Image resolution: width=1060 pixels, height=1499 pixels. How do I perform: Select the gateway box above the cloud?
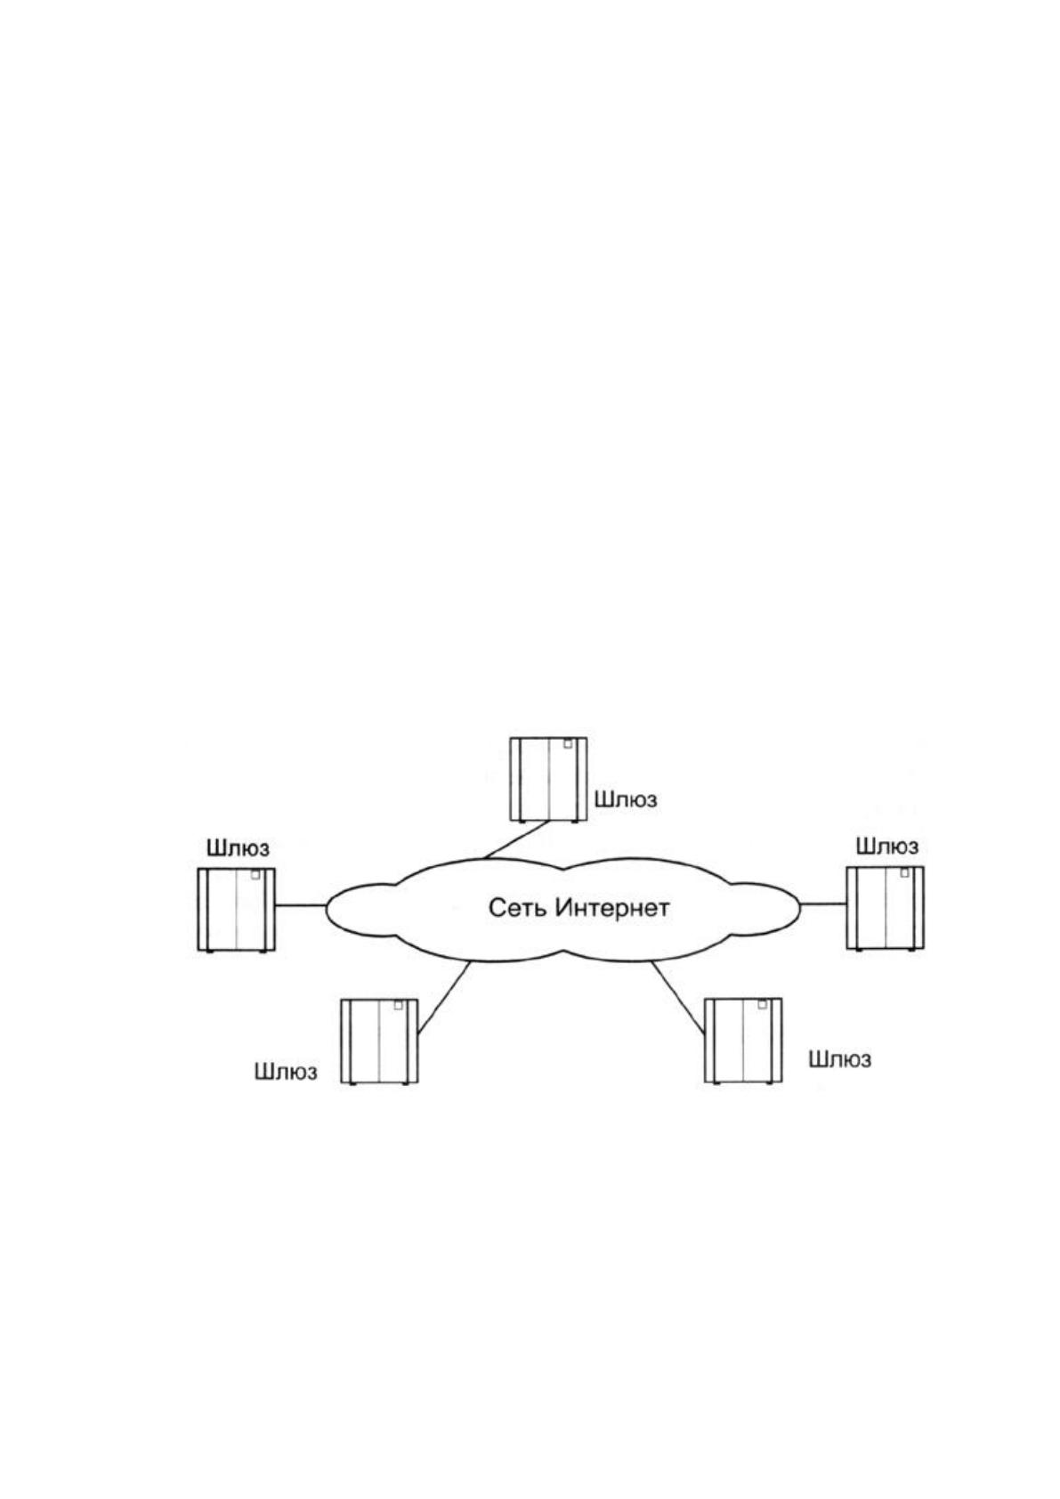point(548,780)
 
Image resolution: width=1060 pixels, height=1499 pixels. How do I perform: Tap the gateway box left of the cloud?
point(236,910)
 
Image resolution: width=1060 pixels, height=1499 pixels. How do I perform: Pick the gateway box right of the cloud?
point(885,908)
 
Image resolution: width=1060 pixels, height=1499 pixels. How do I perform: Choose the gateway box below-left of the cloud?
point(379,1041)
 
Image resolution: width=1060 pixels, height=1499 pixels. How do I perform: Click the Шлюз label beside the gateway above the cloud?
point(626,799)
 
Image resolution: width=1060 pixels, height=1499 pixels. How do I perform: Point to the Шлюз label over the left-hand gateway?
point(238,848)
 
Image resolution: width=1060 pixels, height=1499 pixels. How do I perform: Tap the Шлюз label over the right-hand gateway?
point(887,846)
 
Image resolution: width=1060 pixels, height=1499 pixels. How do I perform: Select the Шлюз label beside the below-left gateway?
point(285,1072)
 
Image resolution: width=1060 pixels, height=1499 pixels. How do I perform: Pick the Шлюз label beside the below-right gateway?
point(840,1059)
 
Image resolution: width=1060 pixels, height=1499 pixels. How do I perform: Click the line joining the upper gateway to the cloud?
point(516,839)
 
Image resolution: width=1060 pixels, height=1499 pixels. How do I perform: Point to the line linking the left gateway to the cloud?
point(301,905)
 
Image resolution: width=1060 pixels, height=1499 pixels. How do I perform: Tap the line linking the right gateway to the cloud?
point(822,904)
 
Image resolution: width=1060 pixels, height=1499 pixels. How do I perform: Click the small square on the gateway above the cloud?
point(568,744)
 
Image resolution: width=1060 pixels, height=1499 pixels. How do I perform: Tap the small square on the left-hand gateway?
point(255,875)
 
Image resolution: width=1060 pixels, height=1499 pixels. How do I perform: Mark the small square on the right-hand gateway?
point(904,872)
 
